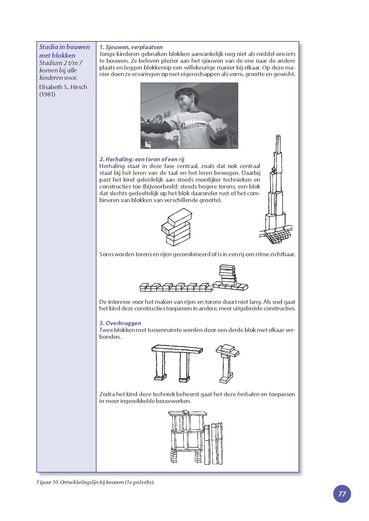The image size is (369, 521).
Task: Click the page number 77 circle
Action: tap(342, 494)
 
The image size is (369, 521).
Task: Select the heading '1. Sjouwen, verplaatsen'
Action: tap(131, 47)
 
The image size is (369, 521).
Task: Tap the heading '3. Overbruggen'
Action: tap(120, 323)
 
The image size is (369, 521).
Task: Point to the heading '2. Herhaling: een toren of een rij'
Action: tap(142, 159)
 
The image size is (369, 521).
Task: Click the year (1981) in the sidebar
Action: tap(47, 94)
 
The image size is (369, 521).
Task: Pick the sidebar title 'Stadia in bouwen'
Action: tap(65, 47)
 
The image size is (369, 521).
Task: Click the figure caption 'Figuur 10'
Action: tap(47, 482)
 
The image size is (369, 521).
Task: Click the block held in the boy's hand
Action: tap(217, 127)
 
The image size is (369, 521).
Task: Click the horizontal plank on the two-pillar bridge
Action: tap(177, 349)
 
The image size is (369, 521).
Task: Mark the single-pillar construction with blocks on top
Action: tap(226, 364)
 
